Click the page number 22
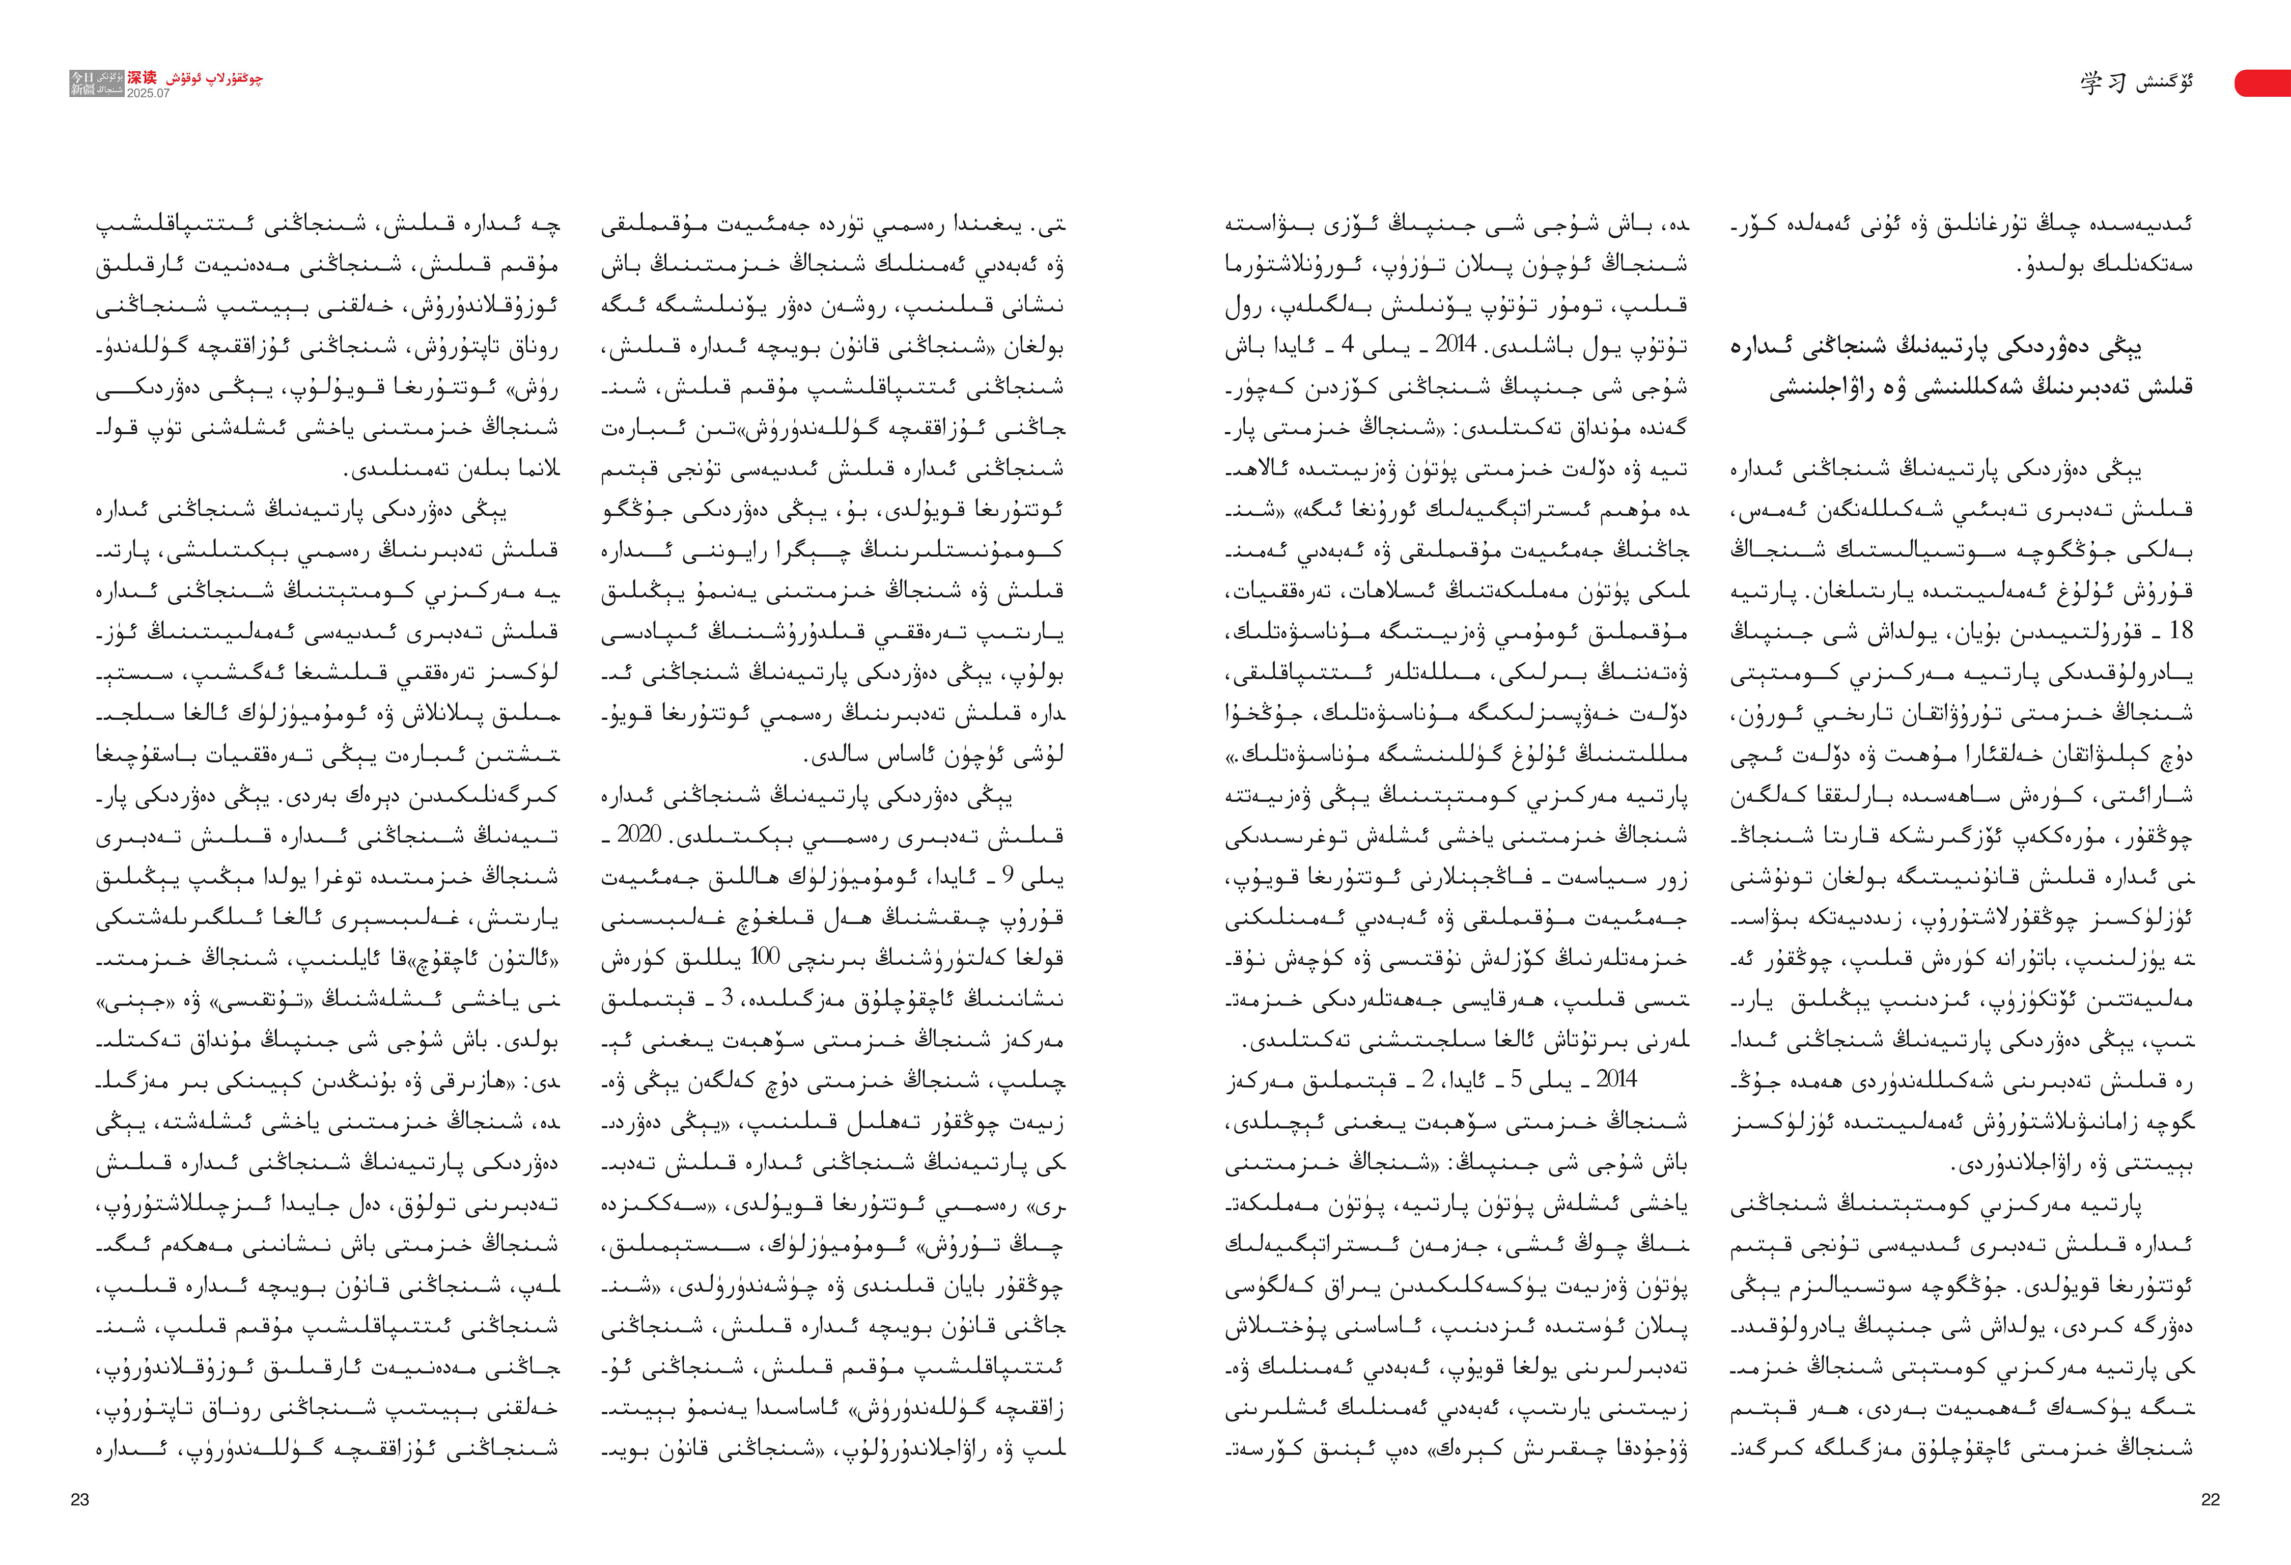coord(2210,1499)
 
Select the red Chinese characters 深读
coord(141,77)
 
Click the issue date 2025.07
coord(148,94)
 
